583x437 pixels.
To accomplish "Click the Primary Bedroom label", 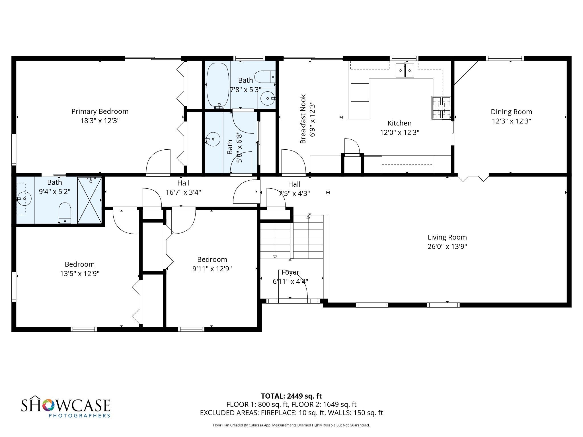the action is [100, 111].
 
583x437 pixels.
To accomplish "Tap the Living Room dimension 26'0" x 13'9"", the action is [447, 246].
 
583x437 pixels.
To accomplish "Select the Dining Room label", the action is [512, 112].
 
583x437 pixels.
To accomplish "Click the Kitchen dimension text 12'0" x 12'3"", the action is [400, 132].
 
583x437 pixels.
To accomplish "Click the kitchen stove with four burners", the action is [442, 108].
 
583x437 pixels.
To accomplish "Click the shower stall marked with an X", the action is [90, 200].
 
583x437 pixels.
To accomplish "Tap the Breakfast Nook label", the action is [303, 119].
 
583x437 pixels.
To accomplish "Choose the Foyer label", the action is [290, 272].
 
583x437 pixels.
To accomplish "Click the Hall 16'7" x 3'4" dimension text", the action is [183, 192].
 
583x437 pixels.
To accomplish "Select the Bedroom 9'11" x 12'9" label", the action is [212, 259].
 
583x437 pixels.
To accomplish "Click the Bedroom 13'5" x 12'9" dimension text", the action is [80, 274].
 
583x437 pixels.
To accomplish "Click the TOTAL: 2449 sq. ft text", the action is [291, 396].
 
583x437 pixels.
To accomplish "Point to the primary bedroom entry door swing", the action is [158, 161].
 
